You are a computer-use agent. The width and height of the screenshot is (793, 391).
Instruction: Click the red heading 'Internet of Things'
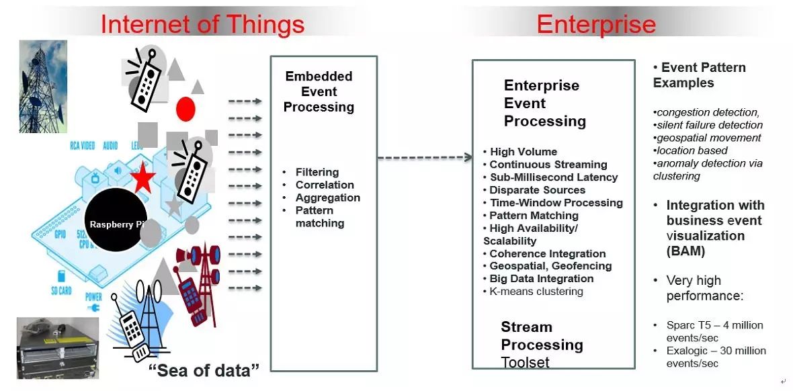(x=202, y=24)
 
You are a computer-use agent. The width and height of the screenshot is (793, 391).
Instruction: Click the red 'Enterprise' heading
(x=595, y=24)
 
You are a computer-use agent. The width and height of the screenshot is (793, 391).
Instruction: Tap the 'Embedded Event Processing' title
(x=319, y=92)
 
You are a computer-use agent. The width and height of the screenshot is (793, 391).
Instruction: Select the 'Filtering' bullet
(x=317, y=172)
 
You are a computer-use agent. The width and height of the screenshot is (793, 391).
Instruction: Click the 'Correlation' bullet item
(x=324, y=185)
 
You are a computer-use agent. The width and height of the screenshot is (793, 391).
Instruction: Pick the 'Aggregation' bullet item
(x=327, y=198)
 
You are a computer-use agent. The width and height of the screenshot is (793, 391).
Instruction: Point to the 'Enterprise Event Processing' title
(x=544, y=103)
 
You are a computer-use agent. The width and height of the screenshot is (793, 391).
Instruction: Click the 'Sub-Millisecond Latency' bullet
(x=553, y=177)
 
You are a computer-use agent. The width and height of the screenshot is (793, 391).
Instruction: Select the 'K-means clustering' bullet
(x=536, y=292)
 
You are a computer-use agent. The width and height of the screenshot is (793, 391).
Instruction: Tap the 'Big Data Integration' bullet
(x=541, y=279)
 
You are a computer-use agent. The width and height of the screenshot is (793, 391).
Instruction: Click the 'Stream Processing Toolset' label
(x=541, y=345)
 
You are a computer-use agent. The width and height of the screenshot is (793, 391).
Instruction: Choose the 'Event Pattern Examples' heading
(x=699, y=75)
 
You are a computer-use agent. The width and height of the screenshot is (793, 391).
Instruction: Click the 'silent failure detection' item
(x=709, y=125)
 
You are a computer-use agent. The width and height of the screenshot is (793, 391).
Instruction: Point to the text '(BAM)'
(x=685, y=251)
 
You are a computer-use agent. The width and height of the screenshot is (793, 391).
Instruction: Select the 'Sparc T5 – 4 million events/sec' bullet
(x=714, y=331)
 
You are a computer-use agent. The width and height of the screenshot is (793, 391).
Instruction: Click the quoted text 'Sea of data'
(x=204, y=370)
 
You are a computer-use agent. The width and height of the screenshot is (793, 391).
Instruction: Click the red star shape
(x=142, y=179)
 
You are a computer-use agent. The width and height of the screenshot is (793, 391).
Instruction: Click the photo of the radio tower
(x=43, y=86)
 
